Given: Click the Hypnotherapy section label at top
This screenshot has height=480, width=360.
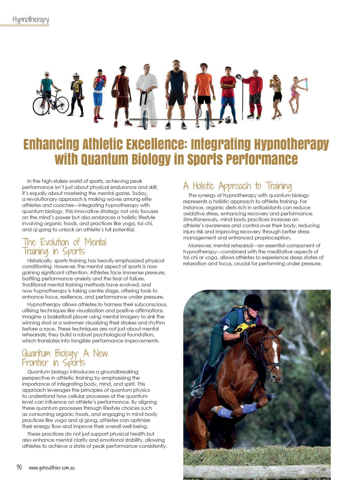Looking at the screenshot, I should pyautogui.click(x=30, y=20).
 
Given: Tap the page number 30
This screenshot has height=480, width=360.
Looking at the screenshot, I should pyautogui.click(x=19, y=467).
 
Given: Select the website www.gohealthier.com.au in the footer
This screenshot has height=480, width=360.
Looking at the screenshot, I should pyautogui.click(x=52, y=468).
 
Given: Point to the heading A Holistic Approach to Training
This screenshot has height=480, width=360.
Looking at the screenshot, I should pyautogui.click(x=237, y=186).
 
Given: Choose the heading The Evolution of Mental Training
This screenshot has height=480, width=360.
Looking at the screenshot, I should pyautogui.click(x=64, y=246).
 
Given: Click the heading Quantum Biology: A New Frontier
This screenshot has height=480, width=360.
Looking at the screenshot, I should pyautogui.click(x=65, y=358).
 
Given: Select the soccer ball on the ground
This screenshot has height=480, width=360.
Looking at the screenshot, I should pyautogui.click(x=228, y=120).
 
